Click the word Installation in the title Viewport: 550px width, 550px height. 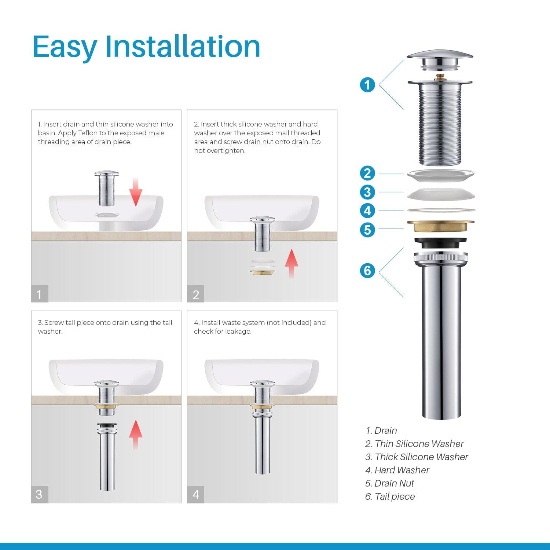(x=183, y=47)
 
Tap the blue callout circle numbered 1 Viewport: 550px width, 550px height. (x=367, y=85)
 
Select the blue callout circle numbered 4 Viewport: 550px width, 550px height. (x=367, y=211)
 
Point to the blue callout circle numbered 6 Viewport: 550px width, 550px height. (x=367, y=271)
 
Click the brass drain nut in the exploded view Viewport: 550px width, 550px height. (x=440, y=226)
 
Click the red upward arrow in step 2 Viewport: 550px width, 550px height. (x=291, y=263)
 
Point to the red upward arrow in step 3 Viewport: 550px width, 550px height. (x=136, y=434)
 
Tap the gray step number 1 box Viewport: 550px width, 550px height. (x=40, y=294)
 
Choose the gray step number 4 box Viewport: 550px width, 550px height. (x=196, y=494)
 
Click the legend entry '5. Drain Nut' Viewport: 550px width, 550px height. (x=389, y=483)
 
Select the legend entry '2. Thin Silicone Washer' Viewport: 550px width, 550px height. (x=414, y=444)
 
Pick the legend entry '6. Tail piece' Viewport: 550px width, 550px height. (x=390, y=496)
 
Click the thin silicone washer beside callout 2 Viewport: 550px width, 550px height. (x=440, y=174)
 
